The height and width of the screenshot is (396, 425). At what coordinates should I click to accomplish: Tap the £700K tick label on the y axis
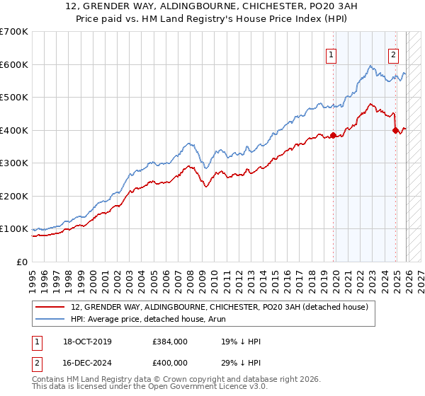tap(13, 32)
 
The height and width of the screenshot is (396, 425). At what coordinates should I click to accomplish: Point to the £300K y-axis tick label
tap(13, 163)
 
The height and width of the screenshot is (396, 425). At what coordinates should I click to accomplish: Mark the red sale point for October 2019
tap(332, 135)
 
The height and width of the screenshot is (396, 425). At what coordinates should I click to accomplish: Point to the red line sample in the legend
tap(50, 308)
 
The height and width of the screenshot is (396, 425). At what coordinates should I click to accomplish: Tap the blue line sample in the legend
tap(50, 319)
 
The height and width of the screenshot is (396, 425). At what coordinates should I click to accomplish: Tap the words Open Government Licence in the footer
tap(222, 387)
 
